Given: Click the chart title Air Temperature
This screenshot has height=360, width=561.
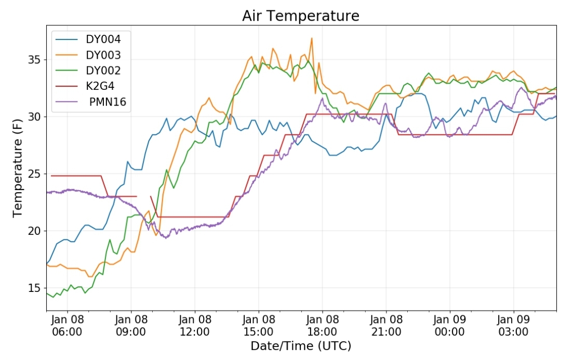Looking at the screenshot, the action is click(x=301, y=16).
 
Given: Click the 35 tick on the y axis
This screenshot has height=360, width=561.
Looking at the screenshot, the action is click(x=34, y=60).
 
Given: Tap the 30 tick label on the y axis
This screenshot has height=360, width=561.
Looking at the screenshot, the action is click(x=34, y=117).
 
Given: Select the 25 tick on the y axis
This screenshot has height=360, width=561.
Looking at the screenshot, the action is click(x=34, y=174).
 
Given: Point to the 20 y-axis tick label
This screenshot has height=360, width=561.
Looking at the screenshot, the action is click(x=34, y=231).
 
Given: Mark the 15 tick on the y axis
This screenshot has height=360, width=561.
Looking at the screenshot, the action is click(x=34, y=288).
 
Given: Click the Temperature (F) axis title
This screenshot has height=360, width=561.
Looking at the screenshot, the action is click(x=17, y=168).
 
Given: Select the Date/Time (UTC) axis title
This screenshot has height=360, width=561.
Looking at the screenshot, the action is click(x=301, y=346).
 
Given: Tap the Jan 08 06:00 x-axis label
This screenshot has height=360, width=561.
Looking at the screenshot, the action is click(x=67, y=325).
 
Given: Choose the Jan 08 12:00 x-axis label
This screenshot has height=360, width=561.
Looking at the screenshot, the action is click(x=195, y=325).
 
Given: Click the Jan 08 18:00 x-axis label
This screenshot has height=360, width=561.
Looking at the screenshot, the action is click(x=323, y=325).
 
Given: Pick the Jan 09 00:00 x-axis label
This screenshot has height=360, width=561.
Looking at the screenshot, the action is click(x=450, y=325).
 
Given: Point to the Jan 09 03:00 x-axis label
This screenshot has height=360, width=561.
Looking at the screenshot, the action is click(x=513, y=325).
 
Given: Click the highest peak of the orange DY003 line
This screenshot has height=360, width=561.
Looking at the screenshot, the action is click(x=312, y=38).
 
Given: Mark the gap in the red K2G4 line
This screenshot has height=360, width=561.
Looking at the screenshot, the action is click(x=143, y=196).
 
